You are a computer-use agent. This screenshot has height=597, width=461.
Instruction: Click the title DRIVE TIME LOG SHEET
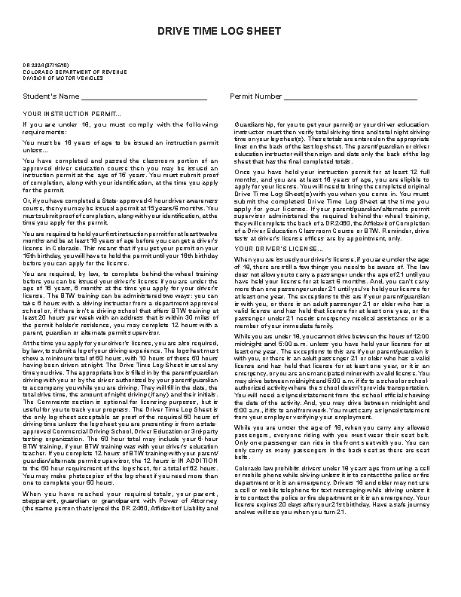pyautogui.click(x=230, y=31)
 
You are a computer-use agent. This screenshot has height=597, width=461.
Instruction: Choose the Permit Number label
pyautogui.click(x=256, y=96)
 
